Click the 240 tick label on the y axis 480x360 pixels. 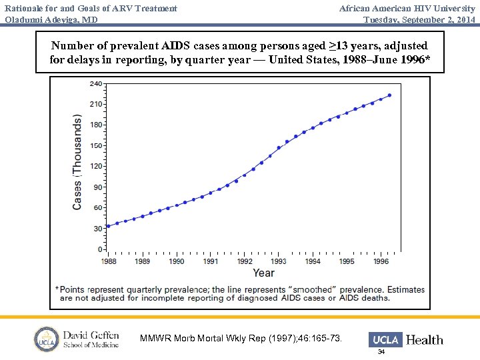[x=97, y=84]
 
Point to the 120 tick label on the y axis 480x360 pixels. [x=97, y=166]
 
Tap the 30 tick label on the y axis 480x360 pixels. [x=99, y=229]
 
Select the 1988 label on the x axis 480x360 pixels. [x=109, y=262]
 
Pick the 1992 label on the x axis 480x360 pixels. [x=245, y=262]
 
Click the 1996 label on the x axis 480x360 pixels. [x=381, y=262]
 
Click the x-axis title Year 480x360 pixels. [x=263, y=273]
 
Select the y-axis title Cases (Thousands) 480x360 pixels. [x=77, y=162]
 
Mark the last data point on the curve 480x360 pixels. [x=389, y=95]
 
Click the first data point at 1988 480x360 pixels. [x=109, y=226]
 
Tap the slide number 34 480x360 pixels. [x=381, y=351]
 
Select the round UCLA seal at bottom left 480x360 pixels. [x=47, y=339]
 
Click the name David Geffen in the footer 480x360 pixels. [x=91, y=335]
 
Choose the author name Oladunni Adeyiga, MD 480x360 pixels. [x=51, y=19]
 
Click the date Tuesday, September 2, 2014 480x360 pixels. [x=419, y=19]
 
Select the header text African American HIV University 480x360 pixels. [x=407, y=8]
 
